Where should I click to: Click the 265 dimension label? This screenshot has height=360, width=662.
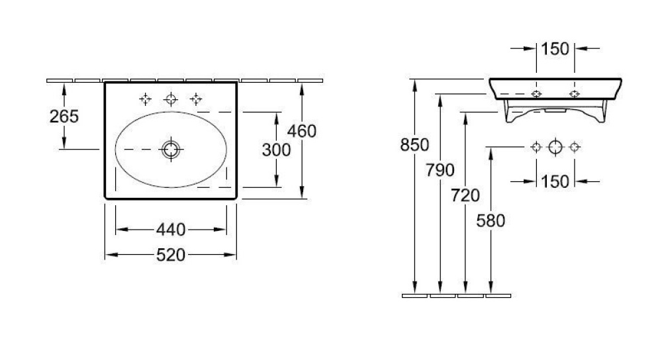click(64, 116)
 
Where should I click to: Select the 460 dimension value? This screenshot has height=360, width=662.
click(302, 131)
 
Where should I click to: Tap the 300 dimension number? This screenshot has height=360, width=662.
click(276, 150)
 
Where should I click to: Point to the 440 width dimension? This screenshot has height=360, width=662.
click(171, 230)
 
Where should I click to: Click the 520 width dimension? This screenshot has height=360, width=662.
click(171, 255)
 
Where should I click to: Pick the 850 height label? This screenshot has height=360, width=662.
click(414, 145)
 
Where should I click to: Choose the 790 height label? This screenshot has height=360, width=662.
click(440, 170)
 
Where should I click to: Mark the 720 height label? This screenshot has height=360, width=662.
click(465, 195)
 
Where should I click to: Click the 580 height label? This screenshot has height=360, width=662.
click(491, 221)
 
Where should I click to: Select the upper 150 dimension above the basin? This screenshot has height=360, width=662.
click(555, 49)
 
